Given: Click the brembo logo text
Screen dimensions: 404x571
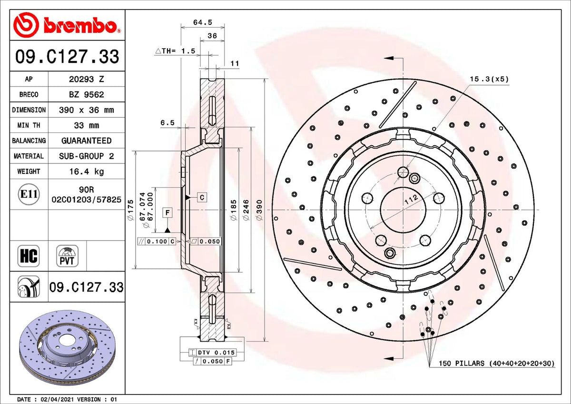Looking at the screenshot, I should (79, 26).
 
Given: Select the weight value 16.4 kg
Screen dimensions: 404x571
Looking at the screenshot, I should (86, 171).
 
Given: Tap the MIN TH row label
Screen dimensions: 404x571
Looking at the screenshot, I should (29, 125).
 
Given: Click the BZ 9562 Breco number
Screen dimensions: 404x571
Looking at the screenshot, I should (86, 94).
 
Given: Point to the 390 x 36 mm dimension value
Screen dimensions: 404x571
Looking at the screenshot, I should (86, 110).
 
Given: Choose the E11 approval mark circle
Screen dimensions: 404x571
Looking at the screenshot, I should (29, 194).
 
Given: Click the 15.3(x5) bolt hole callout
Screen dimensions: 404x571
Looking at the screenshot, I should (489, 79).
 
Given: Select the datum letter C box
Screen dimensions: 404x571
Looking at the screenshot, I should (202, 197).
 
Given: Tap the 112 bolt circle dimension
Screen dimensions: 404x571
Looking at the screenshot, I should (411, 200).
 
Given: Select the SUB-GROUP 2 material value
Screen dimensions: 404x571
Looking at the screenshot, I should (86, 156).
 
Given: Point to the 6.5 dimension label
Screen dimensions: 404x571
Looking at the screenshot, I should (167, 122).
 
